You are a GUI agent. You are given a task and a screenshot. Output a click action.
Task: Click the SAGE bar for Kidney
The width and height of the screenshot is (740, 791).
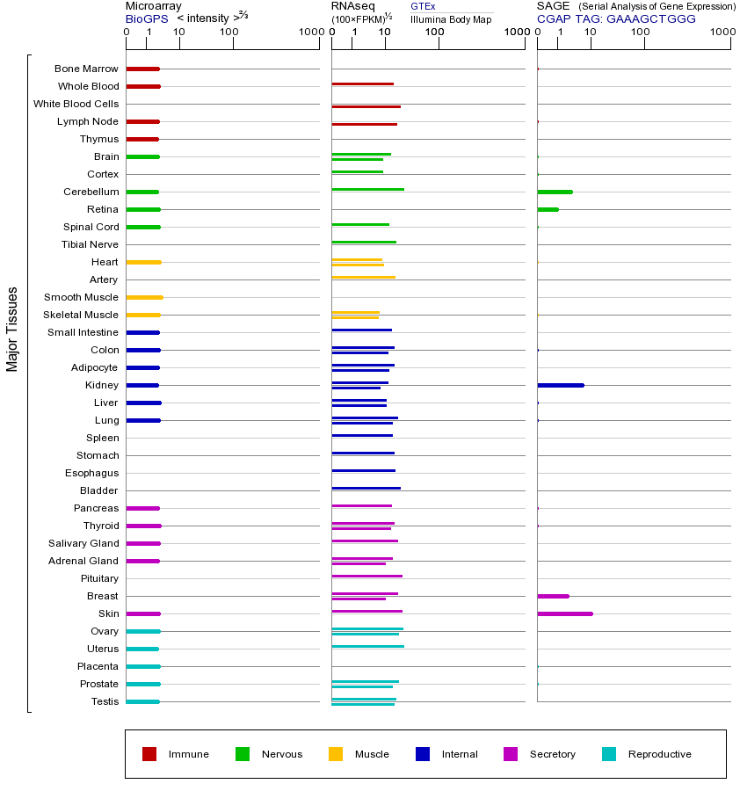coord(560,385)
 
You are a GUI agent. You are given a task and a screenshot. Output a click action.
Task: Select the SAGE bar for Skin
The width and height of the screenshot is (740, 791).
coord(564,613)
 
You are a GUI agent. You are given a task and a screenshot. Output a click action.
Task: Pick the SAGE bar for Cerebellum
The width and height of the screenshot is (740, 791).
coord(555,192)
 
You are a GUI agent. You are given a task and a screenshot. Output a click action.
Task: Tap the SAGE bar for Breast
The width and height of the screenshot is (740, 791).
coord(553,596)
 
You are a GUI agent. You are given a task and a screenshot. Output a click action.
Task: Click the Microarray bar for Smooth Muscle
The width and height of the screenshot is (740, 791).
coord(144,297)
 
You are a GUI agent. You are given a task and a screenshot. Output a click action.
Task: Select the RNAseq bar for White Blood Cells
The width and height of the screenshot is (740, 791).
coord(366,106)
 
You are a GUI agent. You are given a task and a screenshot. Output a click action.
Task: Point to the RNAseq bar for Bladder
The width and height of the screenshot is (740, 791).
coord(366,488)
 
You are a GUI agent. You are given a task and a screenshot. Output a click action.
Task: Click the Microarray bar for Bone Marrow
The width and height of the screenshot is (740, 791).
coord(142,69)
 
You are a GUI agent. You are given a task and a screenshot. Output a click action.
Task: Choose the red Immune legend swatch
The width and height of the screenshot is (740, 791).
coord(149,754)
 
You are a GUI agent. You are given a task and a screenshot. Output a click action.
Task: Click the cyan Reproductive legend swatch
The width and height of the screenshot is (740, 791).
coord(609,754)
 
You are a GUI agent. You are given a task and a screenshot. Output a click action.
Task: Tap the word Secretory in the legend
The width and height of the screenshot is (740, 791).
coord(552,754)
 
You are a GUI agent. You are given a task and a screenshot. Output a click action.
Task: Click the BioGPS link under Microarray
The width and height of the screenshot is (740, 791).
coord(146,18)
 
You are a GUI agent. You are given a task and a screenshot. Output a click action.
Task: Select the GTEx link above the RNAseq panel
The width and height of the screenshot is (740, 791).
coord(423,6)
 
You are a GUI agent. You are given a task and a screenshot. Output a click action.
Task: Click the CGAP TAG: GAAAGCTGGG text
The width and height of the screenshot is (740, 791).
coord(616,18)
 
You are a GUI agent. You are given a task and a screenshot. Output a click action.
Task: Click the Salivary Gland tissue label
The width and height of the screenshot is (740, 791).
coord(83,543)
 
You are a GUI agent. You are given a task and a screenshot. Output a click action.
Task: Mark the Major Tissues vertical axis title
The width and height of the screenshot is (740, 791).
coord(12,329)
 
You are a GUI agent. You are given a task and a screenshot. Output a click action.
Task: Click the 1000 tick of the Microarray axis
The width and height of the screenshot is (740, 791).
coord(310,33)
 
